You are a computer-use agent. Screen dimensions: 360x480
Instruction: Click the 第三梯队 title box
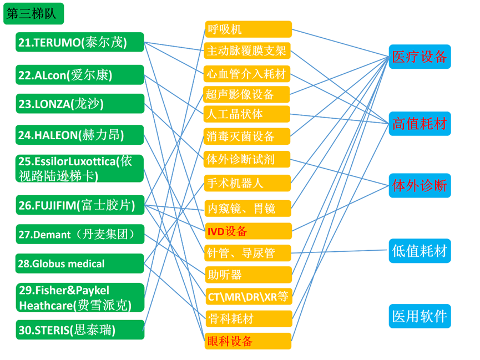tap(33, 14)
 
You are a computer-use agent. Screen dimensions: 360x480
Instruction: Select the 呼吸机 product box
tap(247, 29)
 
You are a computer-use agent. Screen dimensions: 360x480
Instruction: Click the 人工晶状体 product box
tap(247, 114)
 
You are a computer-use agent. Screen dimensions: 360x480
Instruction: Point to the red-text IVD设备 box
tap(247, 231)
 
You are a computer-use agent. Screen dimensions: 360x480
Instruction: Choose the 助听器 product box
tap(247, 275)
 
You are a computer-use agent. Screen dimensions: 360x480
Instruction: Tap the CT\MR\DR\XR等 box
tap(247, 296)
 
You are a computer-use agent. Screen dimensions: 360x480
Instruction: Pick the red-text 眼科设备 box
tap(247, 341)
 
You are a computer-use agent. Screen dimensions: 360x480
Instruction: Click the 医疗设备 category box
tap(419, 57)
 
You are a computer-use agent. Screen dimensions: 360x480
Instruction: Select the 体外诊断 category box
tap(419, 185)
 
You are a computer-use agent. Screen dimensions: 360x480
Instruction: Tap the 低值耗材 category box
tap(419, 251)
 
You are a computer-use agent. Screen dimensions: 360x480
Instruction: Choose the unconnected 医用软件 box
tap(419, 316)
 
